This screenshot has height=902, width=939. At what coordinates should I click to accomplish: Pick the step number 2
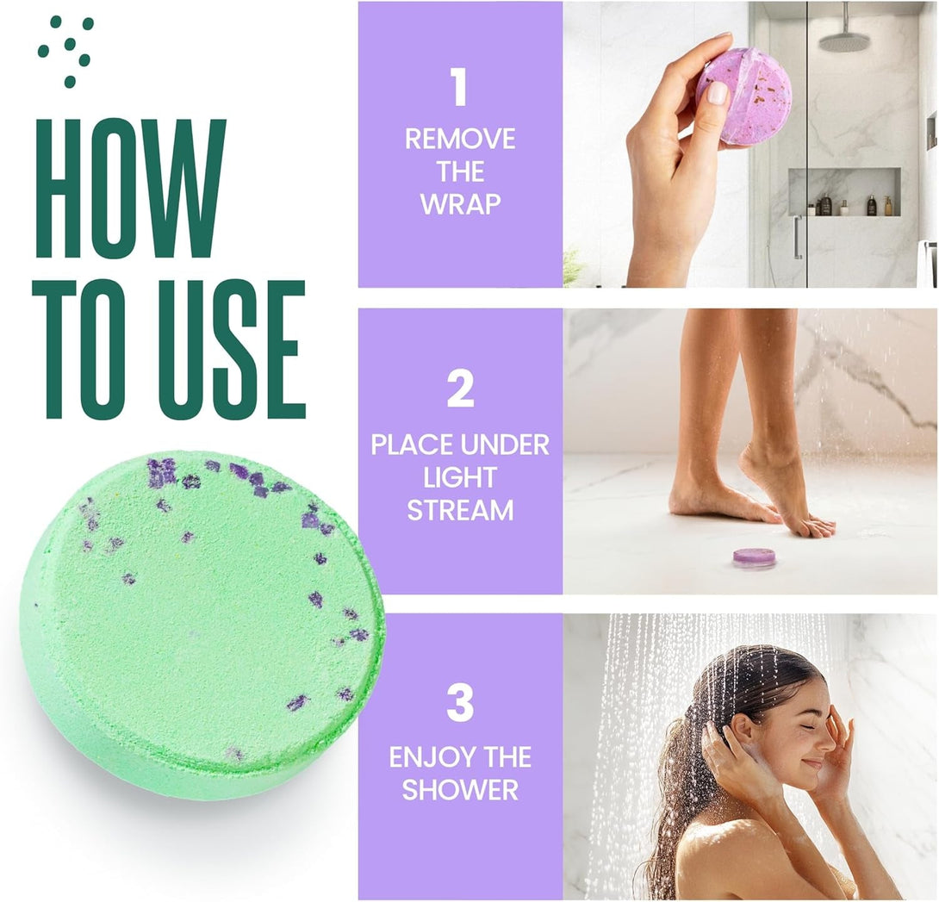(460, 389)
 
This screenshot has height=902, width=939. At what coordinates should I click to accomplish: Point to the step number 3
(460, 702)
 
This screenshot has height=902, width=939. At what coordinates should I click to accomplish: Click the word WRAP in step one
(460, 205)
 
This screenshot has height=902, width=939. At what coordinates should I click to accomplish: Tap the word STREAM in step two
(460, 510)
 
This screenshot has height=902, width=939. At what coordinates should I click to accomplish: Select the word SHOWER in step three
(460, 789)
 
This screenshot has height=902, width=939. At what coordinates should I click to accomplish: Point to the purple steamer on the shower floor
(754, 557)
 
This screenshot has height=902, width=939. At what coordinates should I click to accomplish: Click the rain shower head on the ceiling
(841, 40)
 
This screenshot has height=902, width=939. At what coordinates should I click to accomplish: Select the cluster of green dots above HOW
(66, 48)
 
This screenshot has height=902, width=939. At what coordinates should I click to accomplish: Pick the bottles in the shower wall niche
(849, 205)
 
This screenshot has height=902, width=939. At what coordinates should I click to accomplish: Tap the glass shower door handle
(798, 236)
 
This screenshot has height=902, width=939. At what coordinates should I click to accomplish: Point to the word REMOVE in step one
(460, 139)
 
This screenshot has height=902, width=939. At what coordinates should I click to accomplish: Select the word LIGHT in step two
(460, 477)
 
